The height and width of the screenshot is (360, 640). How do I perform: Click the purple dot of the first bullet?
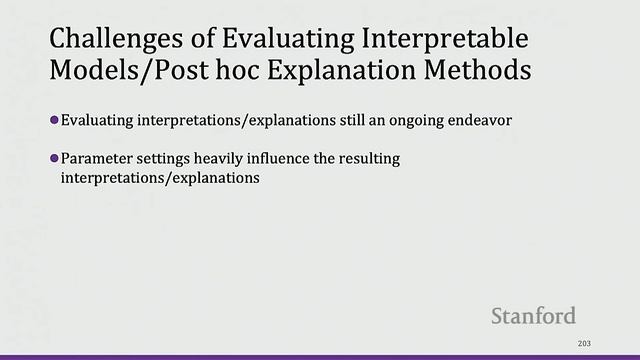pos(55,120)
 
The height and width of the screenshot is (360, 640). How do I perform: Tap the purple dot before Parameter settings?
pos(55,158)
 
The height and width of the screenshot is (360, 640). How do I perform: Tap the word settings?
pos(167,159)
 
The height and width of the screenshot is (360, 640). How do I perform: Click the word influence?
pos(298,159)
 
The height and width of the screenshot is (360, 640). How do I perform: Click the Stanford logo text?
pos(533,316)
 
